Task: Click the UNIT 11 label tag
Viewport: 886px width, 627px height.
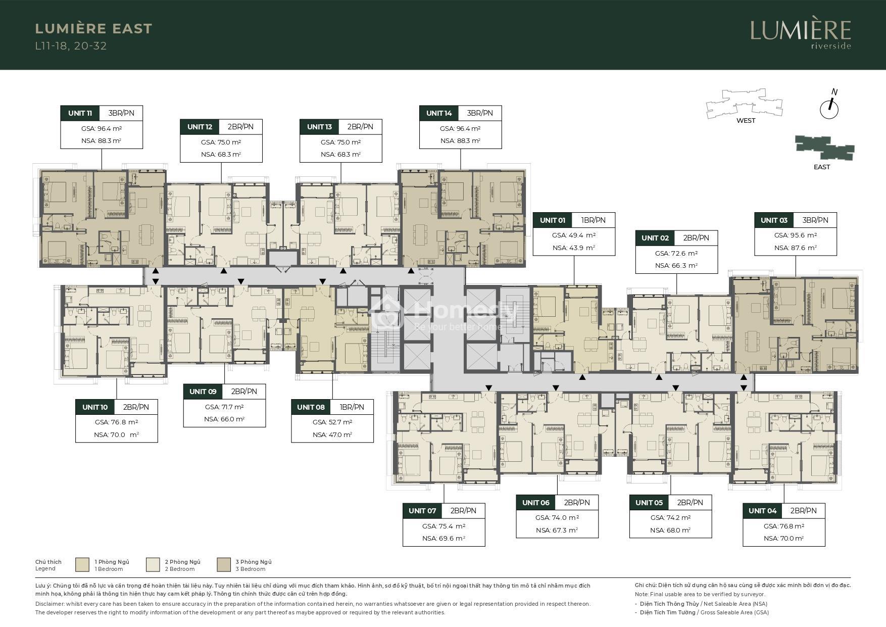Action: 80,113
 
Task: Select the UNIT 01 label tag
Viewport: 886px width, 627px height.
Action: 553,220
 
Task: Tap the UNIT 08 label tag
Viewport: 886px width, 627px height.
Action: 311,407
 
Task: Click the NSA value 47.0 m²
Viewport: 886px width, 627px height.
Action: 332,435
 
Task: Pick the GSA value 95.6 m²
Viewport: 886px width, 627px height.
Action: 796,235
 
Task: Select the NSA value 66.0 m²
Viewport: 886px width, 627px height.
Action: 224,419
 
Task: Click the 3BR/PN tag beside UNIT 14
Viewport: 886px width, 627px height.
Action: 480,113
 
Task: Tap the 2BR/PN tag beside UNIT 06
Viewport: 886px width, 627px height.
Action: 577,503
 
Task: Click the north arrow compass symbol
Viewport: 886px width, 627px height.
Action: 829,106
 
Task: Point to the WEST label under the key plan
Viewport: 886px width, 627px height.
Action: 746,121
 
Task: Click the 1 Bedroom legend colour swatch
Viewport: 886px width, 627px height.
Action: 82,565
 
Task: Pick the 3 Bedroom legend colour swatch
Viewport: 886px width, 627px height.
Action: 224,565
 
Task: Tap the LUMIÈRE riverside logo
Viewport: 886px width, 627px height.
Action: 801,34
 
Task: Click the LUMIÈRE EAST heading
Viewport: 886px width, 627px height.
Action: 93,29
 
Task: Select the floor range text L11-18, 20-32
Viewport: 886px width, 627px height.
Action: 71,46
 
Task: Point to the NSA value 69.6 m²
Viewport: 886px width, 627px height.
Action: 444,539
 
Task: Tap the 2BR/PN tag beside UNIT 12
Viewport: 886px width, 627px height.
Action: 240,127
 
